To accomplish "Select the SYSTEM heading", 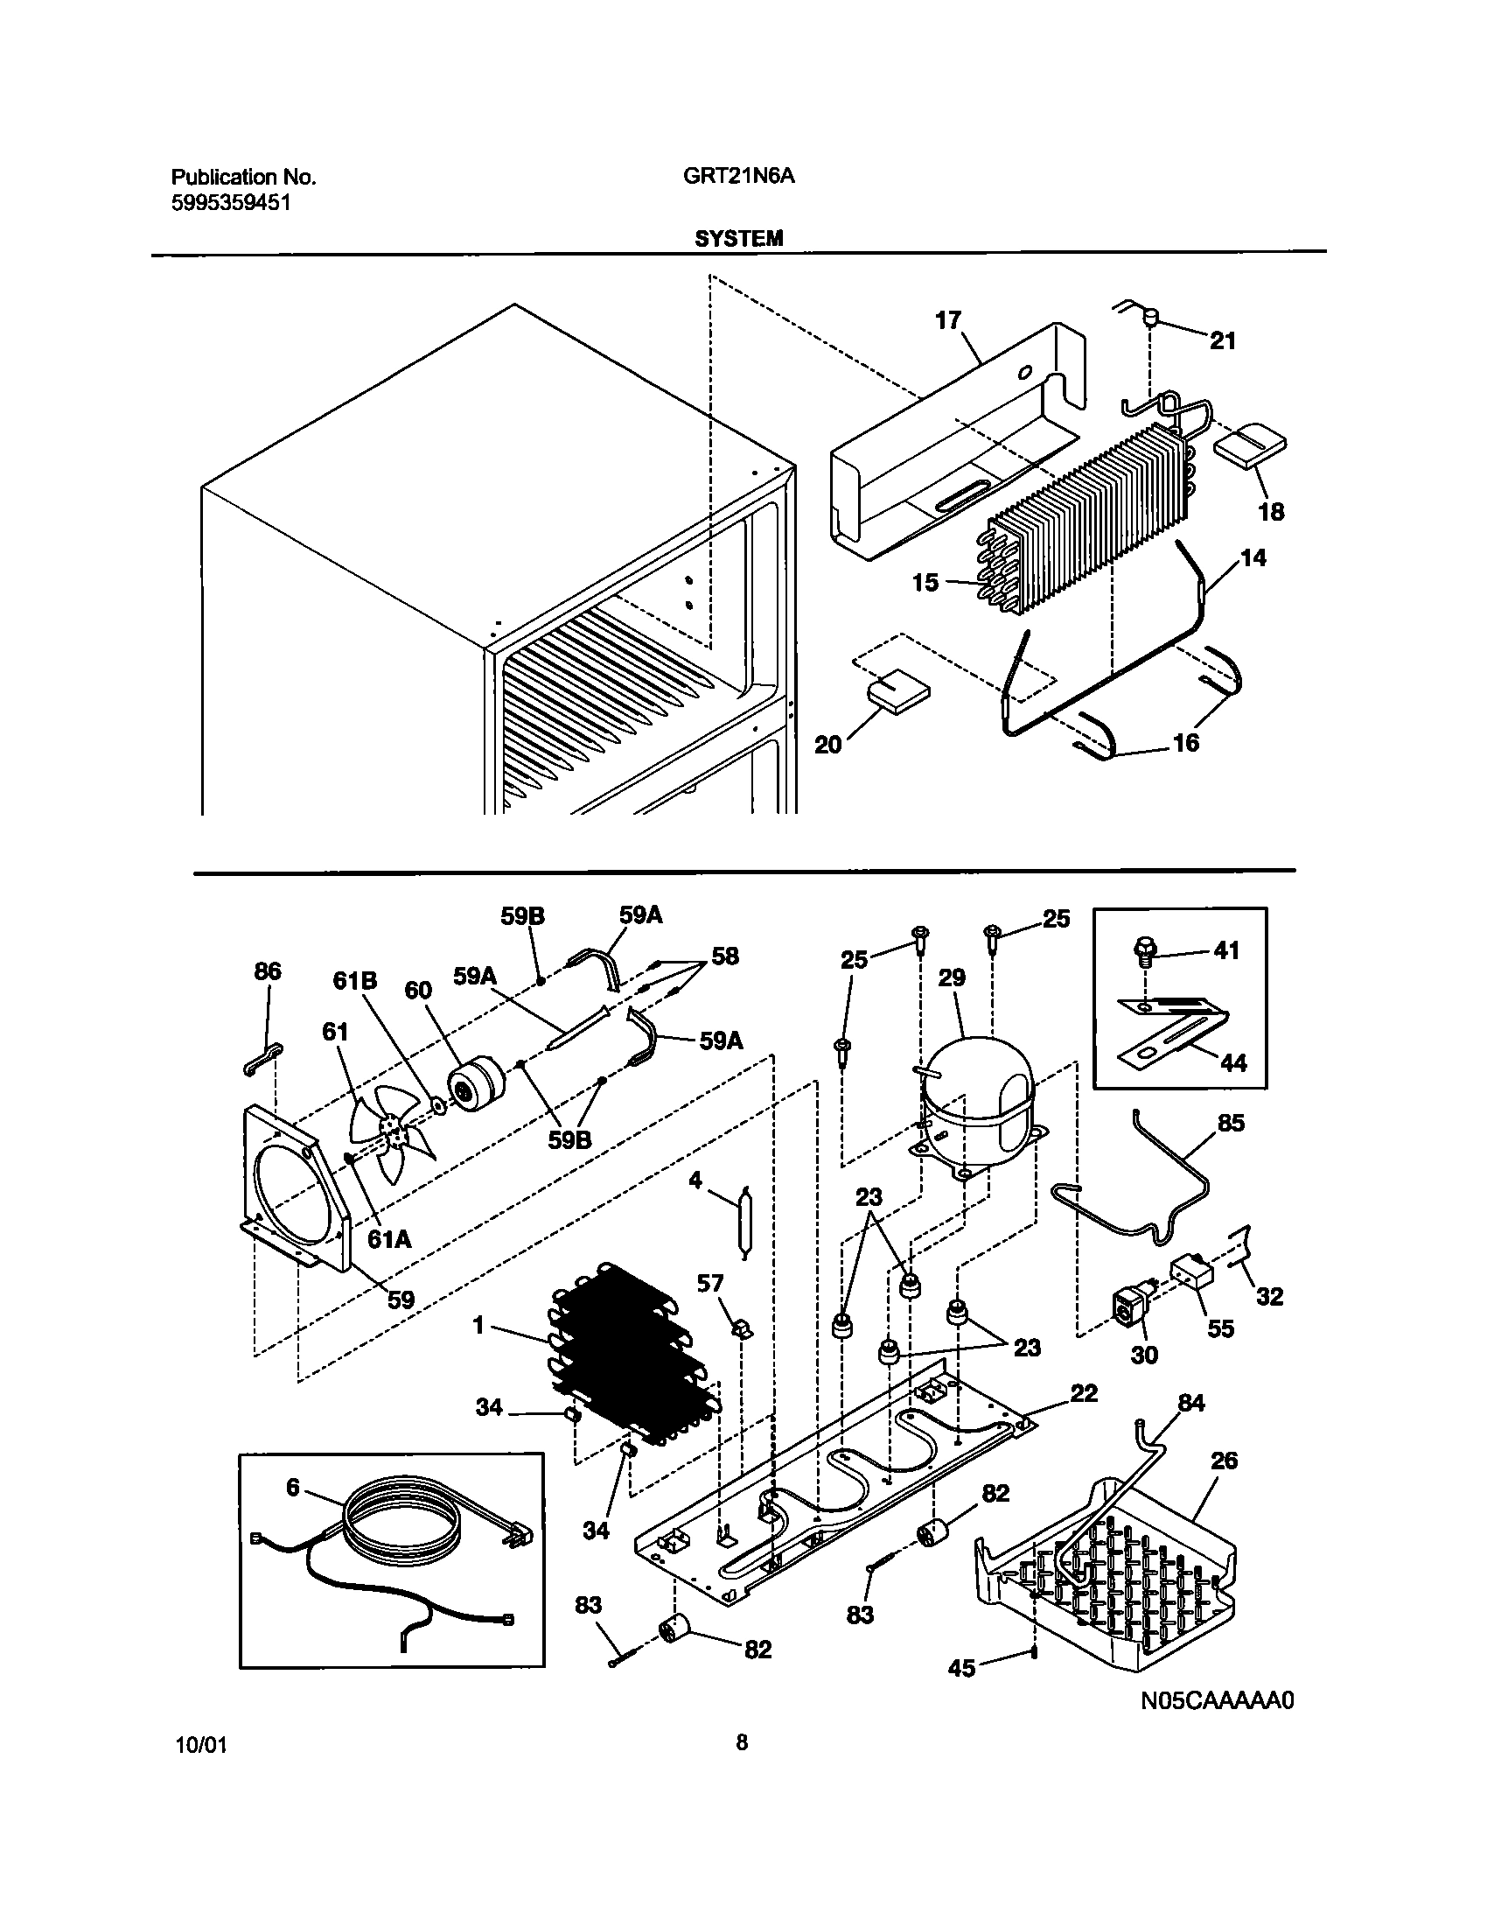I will tap(738, 238).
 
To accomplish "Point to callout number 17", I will tap(948, 320).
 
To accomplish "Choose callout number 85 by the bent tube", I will tap(1231, 1122).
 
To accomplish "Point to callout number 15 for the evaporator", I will tap(925, 582).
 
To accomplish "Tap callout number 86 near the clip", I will tap(268, 971).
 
